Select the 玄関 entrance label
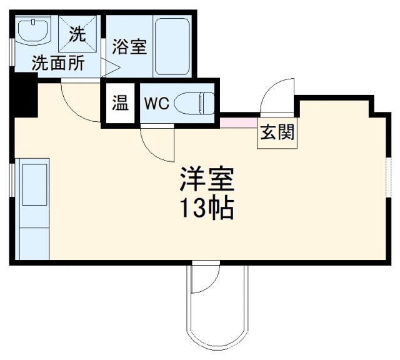click(277, 133)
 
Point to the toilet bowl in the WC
click(194, 102)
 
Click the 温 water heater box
click(119, 103)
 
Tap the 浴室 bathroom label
click(130, 47)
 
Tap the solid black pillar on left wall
click(25, 94)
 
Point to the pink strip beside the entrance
click(238, 122)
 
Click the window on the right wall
click(389, 181)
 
